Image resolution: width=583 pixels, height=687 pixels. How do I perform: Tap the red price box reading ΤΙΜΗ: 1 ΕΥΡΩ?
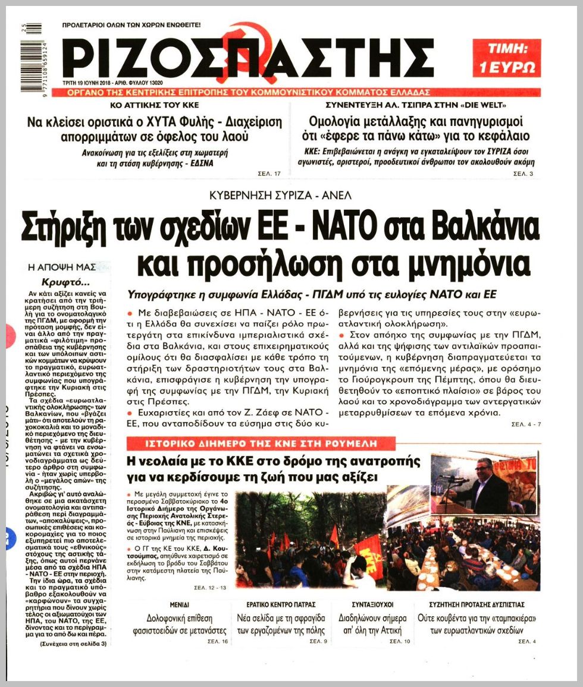pos(507,58)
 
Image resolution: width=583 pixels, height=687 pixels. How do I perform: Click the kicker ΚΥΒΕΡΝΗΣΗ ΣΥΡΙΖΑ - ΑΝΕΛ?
pos(281,196)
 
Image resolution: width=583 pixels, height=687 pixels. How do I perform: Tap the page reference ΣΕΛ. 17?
pos(270,174)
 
